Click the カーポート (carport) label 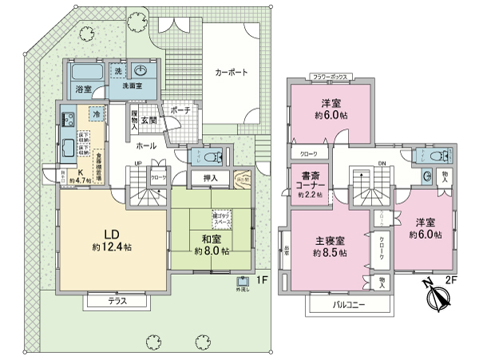click(x=231, y=72)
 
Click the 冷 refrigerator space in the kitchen click(x=96, y=113)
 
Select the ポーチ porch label click(x=181, y=111)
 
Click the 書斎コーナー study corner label click(x=308, y=183)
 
